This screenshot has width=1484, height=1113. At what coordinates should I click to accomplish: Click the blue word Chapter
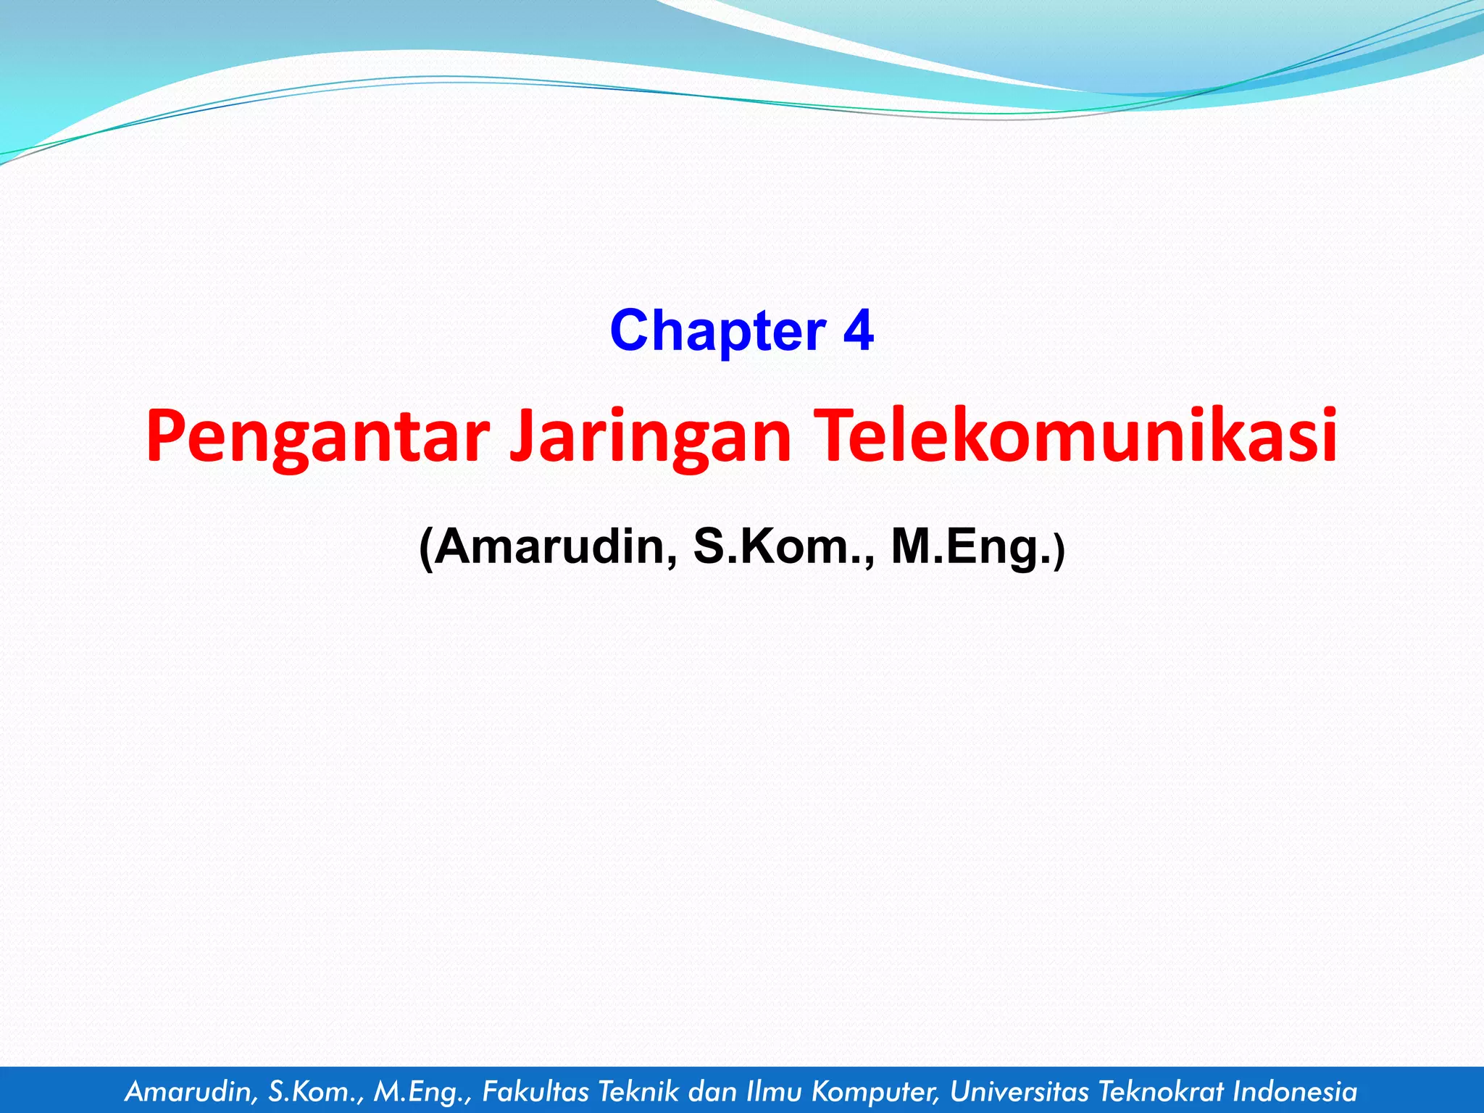[x=717, y=331]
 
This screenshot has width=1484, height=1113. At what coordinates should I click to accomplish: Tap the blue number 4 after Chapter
[x=858, y=331]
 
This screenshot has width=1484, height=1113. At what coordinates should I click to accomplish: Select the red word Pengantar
[x=317, y=437]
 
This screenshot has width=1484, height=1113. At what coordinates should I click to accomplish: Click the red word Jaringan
[x=650, y=437]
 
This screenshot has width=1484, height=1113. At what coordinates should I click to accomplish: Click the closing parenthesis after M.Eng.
[x=1060, y=551]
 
